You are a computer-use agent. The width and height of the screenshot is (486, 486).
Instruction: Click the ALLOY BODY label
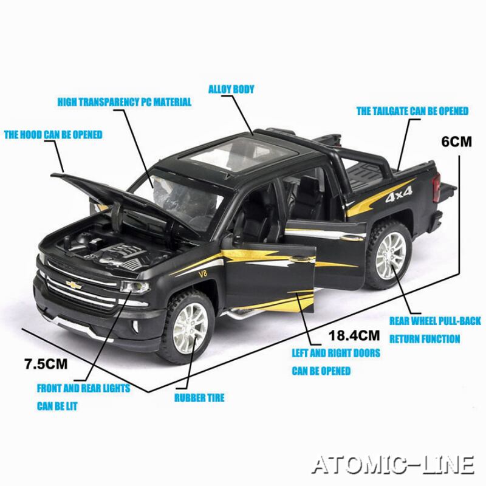[x=231, y=89]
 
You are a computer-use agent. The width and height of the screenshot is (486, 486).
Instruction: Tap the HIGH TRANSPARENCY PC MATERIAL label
[x=125, y=102]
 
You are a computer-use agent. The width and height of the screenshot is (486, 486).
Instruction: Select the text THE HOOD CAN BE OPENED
[x=53, y=134]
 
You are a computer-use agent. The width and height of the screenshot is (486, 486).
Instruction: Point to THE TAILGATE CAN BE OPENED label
[x=412, y=111]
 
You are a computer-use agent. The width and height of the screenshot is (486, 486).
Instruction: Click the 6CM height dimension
[x=457, y=142]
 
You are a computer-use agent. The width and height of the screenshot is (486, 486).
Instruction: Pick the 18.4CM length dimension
[x=354, y=335]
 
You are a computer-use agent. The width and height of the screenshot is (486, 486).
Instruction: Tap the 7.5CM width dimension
[x=46, y=364]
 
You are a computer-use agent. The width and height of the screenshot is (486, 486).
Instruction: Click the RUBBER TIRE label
[x=199, y=398]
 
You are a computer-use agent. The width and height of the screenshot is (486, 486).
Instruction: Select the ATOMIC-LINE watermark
[x=393, y=465]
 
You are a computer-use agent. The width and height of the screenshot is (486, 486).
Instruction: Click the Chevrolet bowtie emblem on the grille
[x=74, y=285]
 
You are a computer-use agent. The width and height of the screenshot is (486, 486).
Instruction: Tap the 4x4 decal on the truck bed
[x=399, y=194]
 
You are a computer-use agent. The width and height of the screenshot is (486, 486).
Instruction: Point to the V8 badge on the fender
[x=202, y=274]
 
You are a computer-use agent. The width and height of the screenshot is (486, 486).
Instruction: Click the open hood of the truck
[x=124, y=202]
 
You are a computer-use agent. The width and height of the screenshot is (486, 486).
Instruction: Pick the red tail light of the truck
[x=436, y=187]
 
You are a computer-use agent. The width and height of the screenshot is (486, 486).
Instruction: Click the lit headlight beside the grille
[x=135, y=287]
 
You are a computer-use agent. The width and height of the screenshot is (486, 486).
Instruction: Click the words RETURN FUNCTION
[x=425, y=339]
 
